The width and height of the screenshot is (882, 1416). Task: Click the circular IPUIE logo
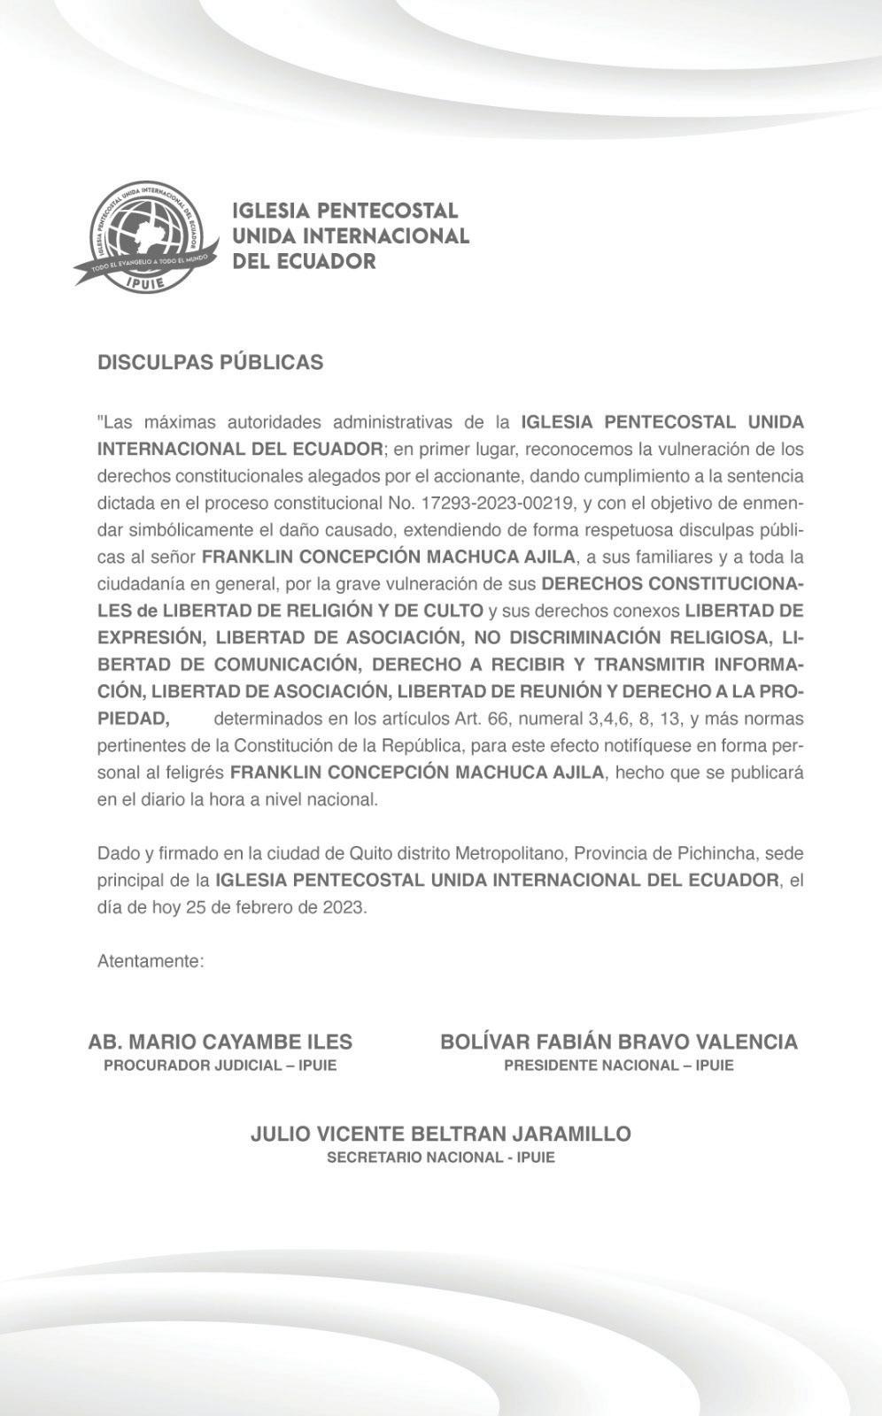[147, 235]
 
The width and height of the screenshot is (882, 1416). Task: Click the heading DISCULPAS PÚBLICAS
[210, 363]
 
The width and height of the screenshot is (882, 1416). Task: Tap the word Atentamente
[151, 961]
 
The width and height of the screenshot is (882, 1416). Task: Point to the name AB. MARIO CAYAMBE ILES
[220, 1042]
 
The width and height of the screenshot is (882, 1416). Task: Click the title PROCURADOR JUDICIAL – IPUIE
[220, 1066]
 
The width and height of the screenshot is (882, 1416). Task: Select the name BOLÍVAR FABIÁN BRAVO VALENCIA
[619, 1042]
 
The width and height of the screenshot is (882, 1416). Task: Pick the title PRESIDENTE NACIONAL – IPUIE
[619, 1066]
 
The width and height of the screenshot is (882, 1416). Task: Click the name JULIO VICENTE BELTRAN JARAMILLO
[441, 1134]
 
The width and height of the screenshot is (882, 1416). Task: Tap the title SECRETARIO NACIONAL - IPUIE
[441, 1158]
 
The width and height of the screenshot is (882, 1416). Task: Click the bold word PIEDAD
[133, 718]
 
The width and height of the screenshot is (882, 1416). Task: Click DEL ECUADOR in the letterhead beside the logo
[303, 261]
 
